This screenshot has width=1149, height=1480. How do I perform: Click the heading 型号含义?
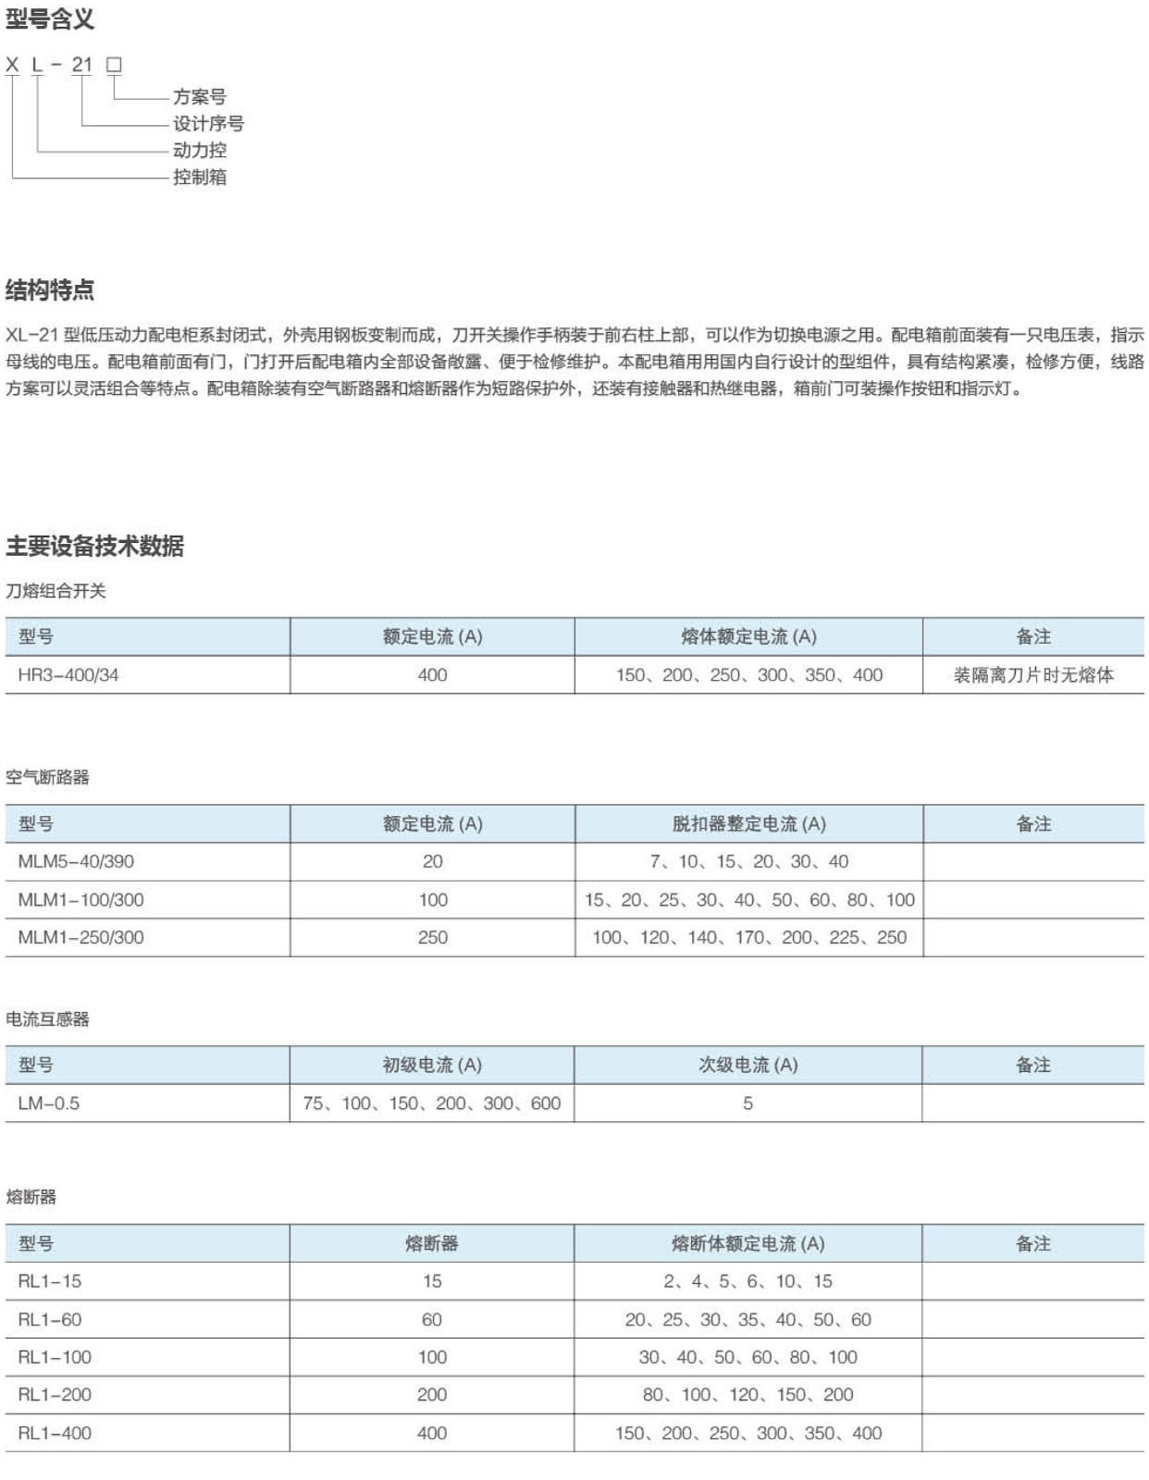point(50,19)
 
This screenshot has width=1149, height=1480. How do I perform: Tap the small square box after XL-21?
point(114,65)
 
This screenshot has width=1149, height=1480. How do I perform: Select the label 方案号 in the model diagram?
point(199,96)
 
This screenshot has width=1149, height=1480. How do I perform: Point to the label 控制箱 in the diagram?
point(199,177)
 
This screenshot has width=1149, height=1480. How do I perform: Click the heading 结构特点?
point(50,290)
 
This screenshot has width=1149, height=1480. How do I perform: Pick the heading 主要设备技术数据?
point(94,546)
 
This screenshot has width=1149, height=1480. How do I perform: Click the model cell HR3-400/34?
point(68,675)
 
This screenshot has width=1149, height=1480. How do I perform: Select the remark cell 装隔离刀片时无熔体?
point(1033,675)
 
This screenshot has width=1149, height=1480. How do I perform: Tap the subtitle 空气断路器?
point(47,777)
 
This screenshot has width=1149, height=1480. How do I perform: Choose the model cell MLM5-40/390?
point(76,861)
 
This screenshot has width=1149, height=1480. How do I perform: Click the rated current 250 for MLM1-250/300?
point(432,937)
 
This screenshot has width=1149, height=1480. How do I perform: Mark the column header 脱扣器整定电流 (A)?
point(748,823)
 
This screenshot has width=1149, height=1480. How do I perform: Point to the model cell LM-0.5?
point(49,1104)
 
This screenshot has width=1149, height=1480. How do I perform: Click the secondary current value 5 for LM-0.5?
point(747,1104)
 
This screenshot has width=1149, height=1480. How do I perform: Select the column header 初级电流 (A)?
point(432,1065)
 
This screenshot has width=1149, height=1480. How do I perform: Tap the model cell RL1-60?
point(50,1319)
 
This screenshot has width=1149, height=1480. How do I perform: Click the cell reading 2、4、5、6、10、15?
point(747,1281)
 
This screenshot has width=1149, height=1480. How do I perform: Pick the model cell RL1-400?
point(55,1433)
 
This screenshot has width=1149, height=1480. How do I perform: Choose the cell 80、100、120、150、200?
point(747,1395)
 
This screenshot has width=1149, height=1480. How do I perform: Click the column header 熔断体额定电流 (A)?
point(747,1243)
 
